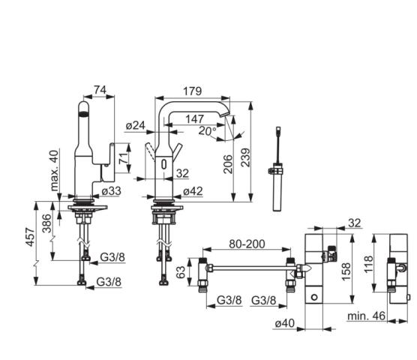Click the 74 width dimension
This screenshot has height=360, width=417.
click(100, 90)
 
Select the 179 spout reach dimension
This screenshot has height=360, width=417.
click(192, 91)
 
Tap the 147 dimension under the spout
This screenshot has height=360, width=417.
click(195, 118)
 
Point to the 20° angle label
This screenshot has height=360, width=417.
click(208, 130)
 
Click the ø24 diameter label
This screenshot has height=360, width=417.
click(136, 125)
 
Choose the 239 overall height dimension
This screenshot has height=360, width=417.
click(246, 157)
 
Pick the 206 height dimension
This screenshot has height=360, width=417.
click(228, 164)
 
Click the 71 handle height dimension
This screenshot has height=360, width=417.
click(123, 159)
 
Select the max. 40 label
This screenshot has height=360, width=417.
click(54, 171)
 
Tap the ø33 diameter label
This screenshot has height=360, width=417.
click(112, 191)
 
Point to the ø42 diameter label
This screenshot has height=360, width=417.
click(193, 191)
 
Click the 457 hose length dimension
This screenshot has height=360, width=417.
click(30, 237)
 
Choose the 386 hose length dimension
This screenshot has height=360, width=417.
click(46, 223)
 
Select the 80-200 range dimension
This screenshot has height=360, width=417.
click(247, 244)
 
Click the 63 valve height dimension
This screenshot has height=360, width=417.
click(181, 272)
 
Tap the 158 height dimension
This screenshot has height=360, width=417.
click(346, 271)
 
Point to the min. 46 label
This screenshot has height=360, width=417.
click(367, 316)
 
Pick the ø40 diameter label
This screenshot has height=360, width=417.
click(285, 323)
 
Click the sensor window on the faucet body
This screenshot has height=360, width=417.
click(164, 163)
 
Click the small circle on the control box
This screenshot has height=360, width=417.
click(314, 297)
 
